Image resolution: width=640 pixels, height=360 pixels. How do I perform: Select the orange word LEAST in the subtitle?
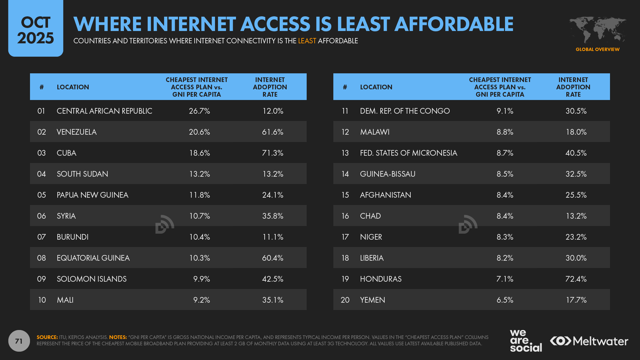click(x=307, y=41)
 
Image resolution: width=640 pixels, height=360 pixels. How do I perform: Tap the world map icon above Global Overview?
click(x=597, y=30)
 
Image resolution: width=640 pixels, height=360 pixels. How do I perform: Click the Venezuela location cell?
click(x=77, y=132)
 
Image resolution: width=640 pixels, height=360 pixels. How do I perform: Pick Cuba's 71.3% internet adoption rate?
click(x=272, y=153)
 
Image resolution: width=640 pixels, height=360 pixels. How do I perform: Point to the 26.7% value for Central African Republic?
click(x=199, y=111)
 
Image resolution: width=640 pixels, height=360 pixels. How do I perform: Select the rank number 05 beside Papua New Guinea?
click(x=41, y=195)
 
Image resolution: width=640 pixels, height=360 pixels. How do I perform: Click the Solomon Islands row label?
click(x=92, y=279)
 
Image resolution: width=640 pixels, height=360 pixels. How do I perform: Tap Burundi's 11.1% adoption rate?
click(x=272, y=237)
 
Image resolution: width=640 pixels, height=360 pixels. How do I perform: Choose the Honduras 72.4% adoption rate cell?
click(x=576, y=279)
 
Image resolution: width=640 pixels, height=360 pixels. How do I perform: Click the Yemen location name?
click(x=372, y=300)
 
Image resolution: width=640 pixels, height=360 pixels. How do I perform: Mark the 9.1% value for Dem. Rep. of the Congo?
click(x=505, y=111)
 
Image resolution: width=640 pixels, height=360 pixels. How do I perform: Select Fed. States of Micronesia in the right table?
click(x=408, y=153)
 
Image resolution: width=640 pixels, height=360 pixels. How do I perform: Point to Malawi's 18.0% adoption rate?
click(x=576, y=132)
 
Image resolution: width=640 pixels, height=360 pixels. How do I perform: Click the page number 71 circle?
click(x=19, y=341)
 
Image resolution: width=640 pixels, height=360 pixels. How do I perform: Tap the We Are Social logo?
click(x=526, y=340)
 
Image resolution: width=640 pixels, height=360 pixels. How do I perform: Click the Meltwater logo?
click(x=589, y=341)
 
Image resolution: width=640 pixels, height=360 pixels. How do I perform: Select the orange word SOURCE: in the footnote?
click(x=47, y=337)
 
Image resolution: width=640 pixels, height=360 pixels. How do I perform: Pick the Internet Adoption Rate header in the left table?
click(x=270, y=87)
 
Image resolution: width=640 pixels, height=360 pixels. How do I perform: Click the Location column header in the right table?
click(x=376, y=87)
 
